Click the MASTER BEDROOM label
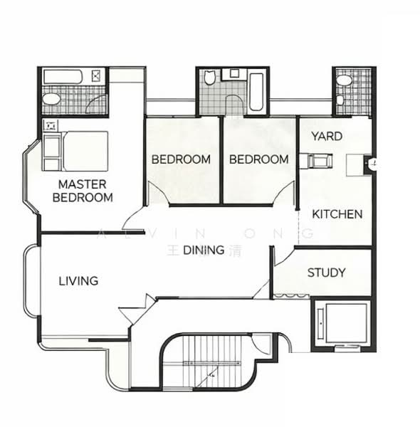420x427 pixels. point(85,191)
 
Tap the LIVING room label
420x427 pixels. point(78,281)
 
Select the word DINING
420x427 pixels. point(204,250)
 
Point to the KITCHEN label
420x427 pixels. point(337,214)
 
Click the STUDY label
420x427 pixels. point(327,273)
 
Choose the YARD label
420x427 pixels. point(327,136)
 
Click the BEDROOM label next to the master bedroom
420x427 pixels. point(181,159)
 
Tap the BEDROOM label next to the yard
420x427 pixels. point(259,159)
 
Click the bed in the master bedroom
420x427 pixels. point(75,150)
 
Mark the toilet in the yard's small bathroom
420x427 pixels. point(344,80)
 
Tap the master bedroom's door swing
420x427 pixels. point(132,217)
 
